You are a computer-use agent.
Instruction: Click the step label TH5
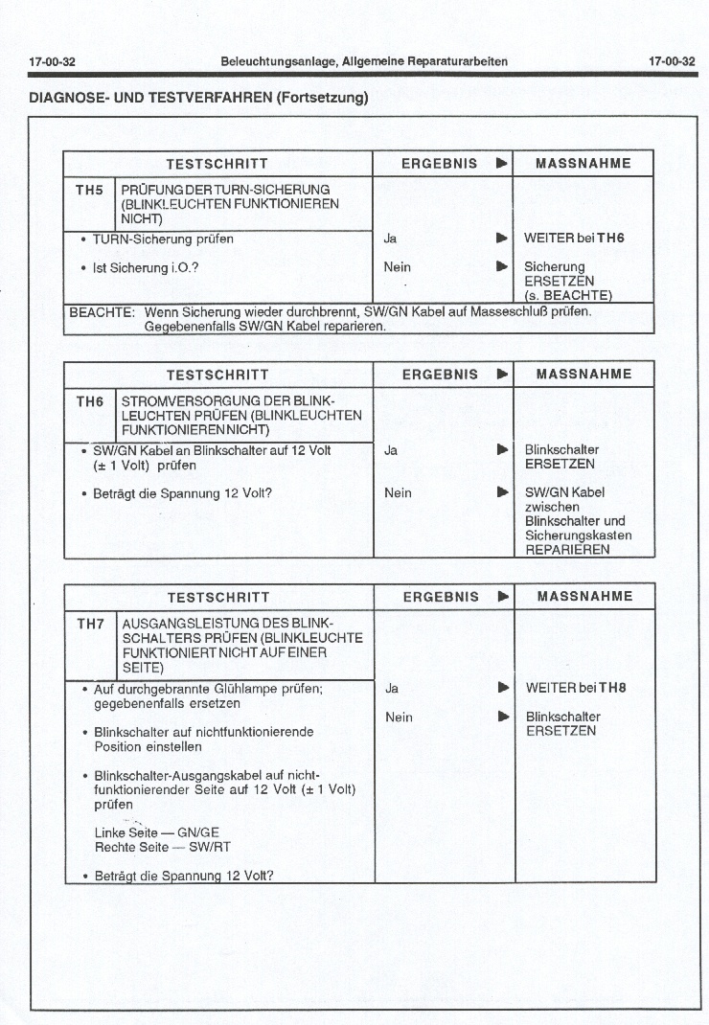pyautogui.click(x=89, y=190)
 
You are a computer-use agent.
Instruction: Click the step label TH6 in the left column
pyautogui.click(x=89, y=401)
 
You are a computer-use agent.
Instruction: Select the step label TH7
pyautogui.click(x=90, y=624)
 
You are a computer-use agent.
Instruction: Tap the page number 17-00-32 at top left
pyautogui.click(x=53, y=61)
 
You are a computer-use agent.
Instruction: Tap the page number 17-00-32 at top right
pyautogui.click(x=672, y=61)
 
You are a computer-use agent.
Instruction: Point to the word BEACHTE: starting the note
pyautogui.click(x=100, y=312)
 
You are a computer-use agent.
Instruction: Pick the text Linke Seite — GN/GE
pyautogui.click(x=157, y=833)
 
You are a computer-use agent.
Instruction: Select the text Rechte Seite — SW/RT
pyautogui.click(x=162, y=848)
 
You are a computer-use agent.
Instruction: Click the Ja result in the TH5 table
pyautogui.click(x=390, y=238)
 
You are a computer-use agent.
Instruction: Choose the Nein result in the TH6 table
pyautogui.click(x=398, y=492)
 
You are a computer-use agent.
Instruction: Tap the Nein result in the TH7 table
pyautogui.click(x=399, y=717)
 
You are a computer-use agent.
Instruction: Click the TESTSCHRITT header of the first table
pyautogui.click(x=217, y=163)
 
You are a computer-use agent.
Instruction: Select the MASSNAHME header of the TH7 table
pyautogui.click(x=584, y=597)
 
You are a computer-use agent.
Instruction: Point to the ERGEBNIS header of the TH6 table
pyautogui.click(x=439, y=375)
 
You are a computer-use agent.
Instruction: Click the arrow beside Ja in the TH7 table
pyautogui.click(x=502, y=688)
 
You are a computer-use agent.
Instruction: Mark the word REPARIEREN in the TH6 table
pyautogui.click(x=567, y=550)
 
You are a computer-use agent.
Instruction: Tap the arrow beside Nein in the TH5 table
pyautogui.click(x=501, y=267)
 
